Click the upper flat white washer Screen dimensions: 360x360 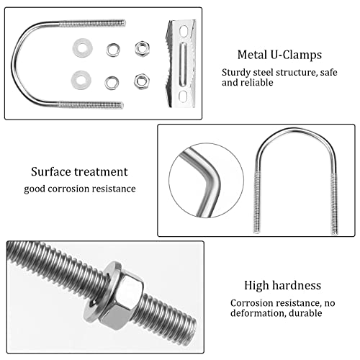pos(83,48)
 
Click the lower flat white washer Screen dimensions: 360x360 pos(81,80)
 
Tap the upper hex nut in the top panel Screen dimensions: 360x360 pos(142,49)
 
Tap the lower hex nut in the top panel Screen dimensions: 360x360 pos(142,81)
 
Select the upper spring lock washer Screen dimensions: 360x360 pos(113,50)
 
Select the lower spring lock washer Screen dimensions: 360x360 pos(112,83)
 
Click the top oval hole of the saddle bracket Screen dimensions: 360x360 pos(184,32)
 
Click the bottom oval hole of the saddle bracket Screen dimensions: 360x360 pos(183,96)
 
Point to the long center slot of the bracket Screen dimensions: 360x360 pos(183,64)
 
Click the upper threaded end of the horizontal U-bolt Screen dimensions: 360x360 pos(92,23)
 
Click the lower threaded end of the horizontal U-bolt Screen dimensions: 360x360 pos(91,105)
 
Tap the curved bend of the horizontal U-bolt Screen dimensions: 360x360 pos(16,65)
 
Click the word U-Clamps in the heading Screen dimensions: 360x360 pos(296,55)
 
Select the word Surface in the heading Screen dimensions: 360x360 pos(51,172)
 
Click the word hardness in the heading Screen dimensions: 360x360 pos(297,285)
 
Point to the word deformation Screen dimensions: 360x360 pos(258,313)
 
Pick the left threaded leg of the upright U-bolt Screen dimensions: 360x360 pos(257,202)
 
